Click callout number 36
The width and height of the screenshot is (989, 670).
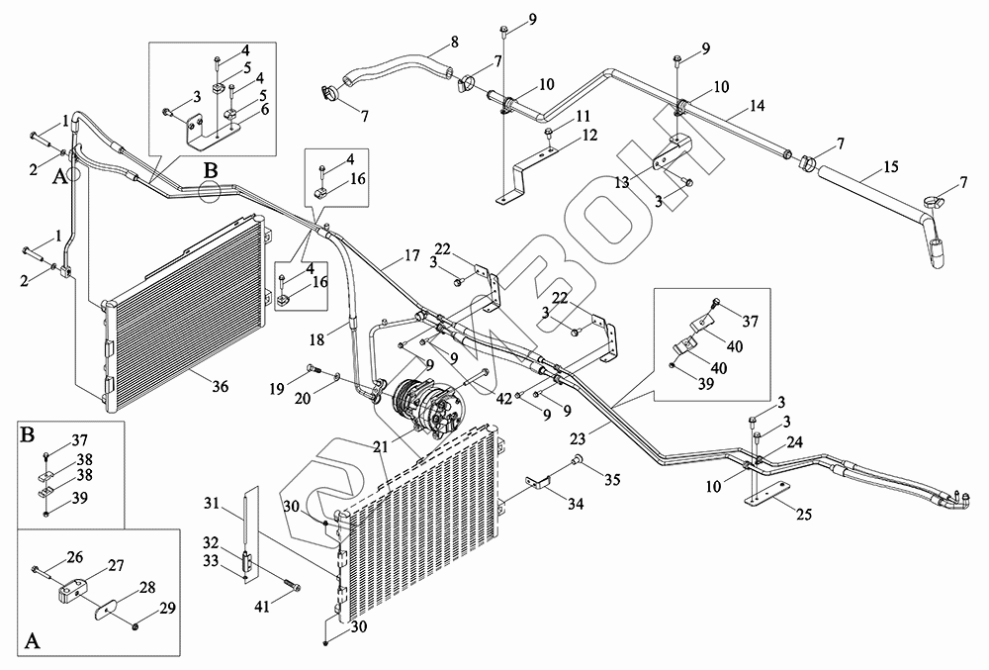click(x=220, y=387)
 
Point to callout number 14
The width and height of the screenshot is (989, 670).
click(x=758, y=105)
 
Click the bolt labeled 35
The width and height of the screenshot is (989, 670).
click(x=578, y=463)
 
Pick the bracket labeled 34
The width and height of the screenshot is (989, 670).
click(x=536, y=484)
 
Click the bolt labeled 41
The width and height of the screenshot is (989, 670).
click(x=292, y=584)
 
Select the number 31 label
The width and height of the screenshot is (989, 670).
click(x=211, y=504)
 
